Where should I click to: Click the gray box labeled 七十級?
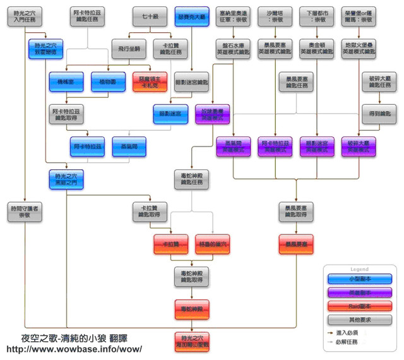click(150, 16)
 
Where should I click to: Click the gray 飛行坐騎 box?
click(131, 48)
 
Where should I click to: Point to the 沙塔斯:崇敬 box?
click(276, 16)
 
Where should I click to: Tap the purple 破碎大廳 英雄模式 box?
click(359, 147)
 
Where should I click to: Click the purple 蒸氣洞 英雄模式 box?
click(233, 147)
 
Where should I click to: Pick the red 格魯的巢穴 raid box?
click(213, 244)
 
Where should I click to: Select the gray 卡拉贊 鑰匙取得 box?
click(150, 212)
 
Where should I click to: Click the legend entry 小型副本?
click(359, 279)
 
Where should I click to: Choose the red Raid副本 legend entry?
click(359, 306)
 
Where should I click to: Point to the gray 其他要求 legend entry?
click(359, 320)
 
